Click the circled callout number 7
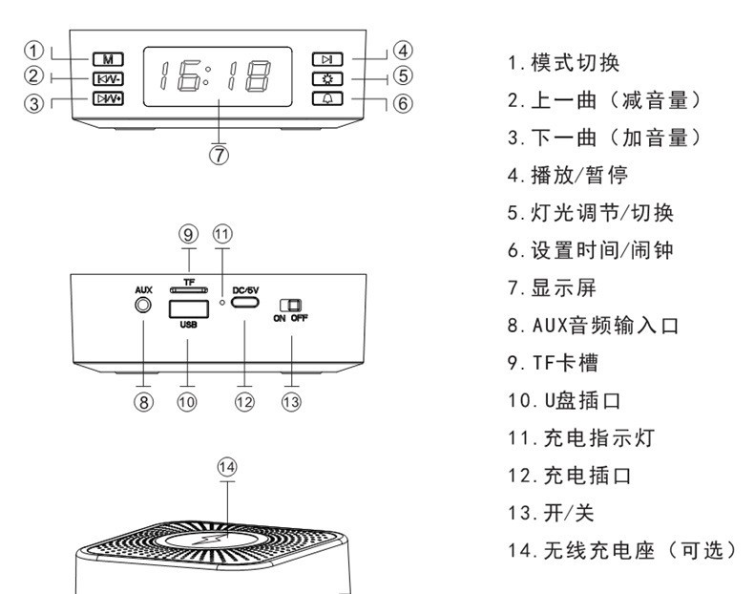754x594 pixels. [x=220, y=153]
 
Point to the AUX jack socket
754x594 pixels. [x=143, y=307]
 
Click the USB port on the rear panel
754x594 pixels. [x=187, y=308]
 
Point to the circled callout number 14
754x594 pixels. [x=226, y=468]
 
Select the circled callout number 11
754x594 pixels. [x=222, y=234]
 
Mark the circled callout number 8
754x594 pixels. [x=143, y=402]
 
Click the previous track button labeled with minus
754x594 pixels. [x=107, y=77]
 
